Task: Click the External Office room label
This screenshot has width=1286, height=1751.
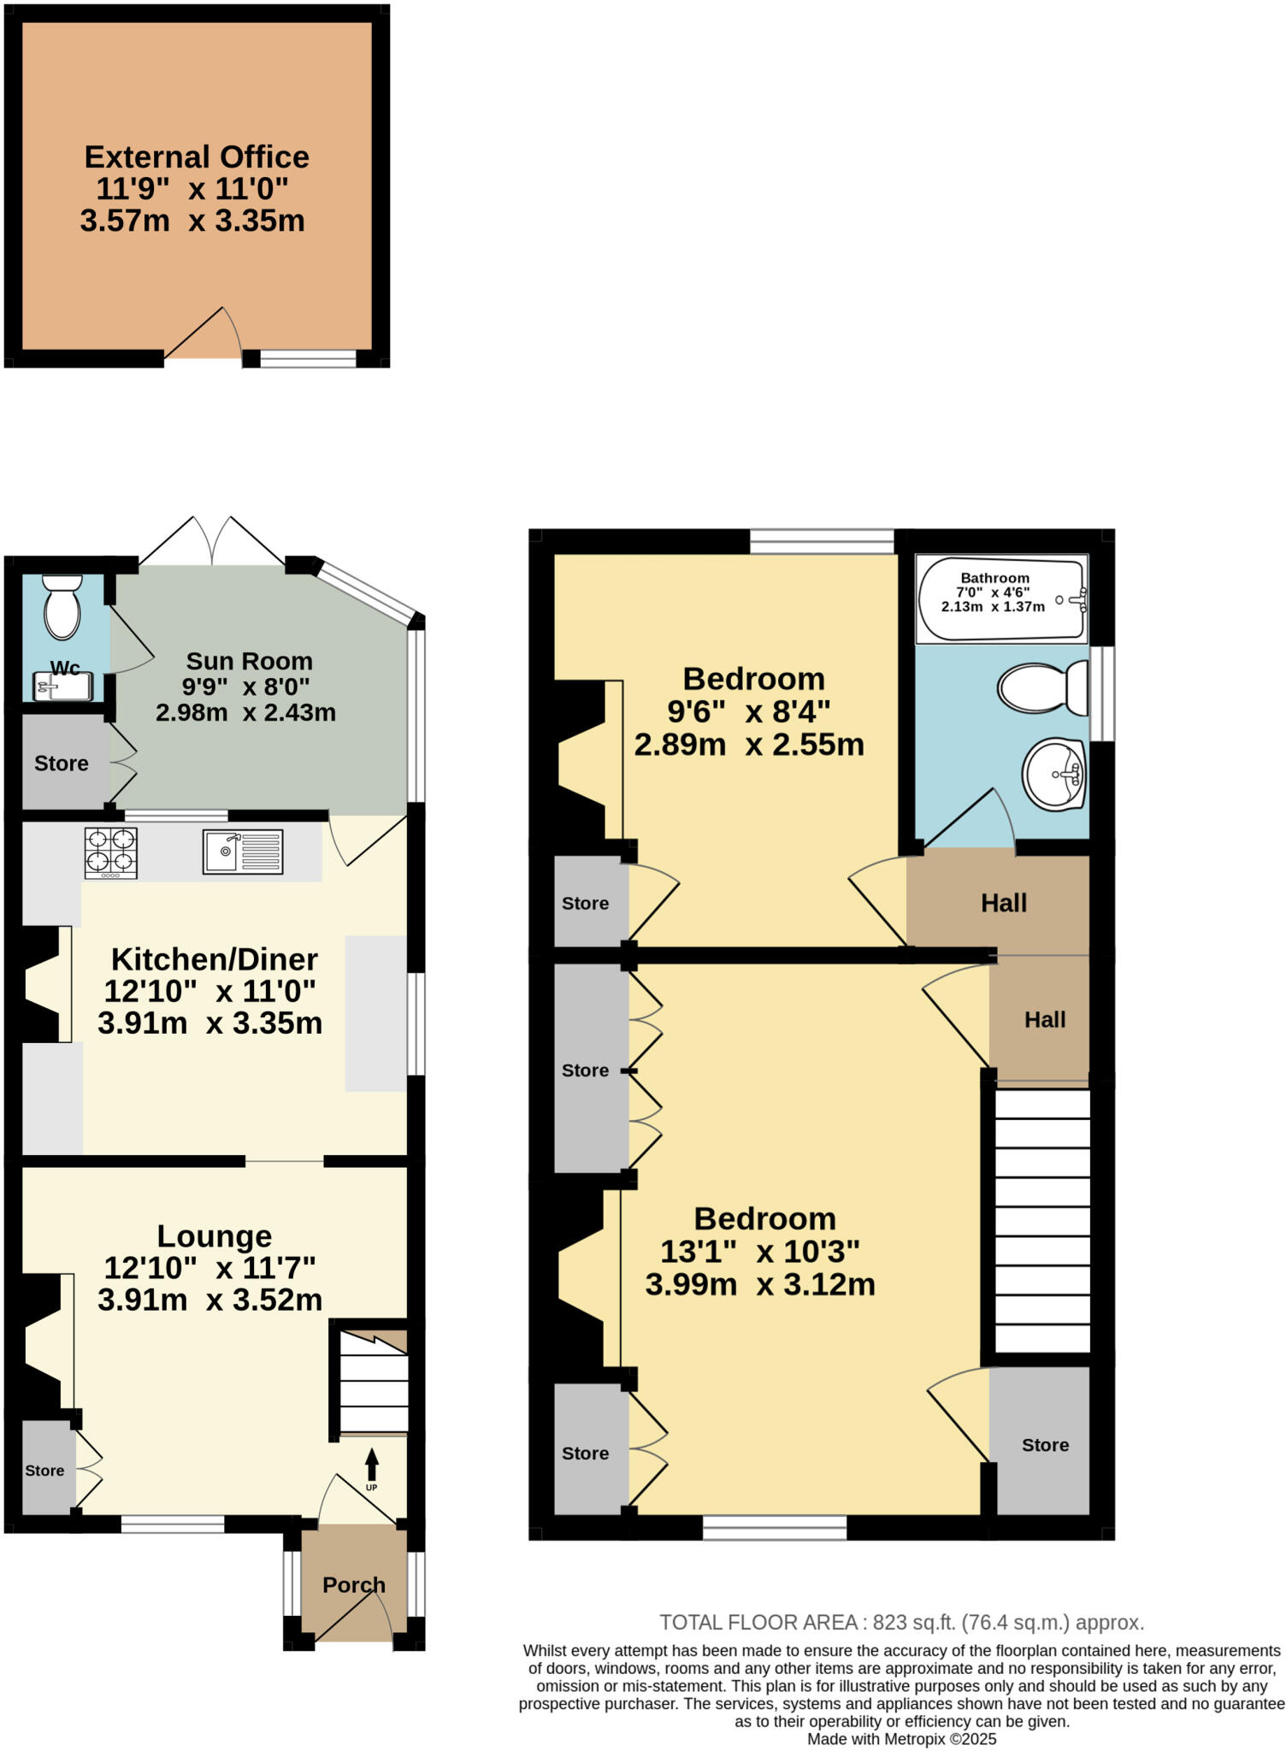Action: tap(197, 157)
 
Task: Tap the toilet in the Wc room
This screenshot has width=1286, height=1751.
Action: tap(62, 606)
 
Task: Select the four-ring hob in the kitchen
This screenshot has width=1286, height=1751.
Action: tap(111, 852)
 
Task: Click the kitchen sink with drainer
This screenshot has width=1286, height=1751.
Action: tap(243, 852)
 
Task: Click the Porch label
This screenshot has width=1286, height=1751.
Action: tap(353, 1585)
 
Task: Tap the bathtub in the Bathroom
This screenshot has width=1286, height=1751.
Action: tap(1001, 598)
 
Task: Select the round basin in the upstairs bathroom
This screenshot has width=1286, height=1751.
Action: tap(1054, 774)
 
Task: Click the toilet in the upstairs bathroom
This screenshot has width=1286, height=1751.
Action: tap(1041, 688)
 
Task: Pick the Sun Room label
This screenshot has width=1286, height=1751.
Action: tap(249, 661)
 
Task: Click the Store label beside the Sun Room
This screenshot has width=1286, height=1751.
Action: tap(61, 763)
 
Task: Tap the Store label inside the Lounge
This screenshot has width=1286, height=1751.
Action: tap(44, 1471)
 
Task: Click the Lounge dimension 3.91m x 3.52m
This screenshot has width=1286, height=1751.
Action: tap(209, 1300)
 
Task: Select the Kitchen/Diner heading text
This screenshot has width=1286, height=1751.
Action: tap(215, 959)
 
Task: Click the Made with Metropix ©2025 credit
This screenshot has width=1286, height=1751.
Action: tap(901, 1739)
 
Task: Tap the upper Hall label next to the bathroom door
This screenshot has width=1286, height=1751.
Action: tap(1003, 903)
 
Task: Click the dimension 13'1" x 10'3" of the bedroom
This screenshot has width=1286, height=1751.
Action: tap(759, 1252)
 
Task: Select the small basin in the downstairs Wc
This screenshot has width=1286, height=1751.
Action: tap(62, 687)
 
